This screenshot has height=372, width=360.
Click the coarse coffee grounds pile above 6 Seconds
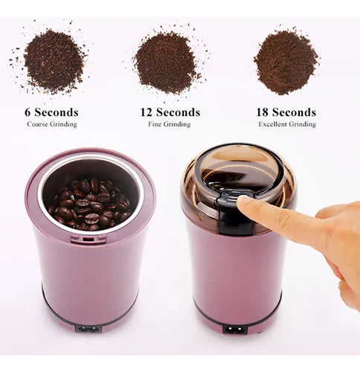(x=54, y=61)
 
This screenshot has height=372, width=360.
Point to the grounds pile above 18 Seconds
(x=286, y=61)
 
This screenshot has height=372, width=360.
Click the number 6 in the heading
(x=28, y=112)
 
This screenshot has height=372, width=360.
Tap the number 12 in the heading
(x=147, y=112)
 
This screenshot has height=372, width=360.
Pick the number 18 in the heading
(x=263, y=112)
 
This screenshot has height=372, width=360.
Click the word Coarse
(x=37, y=124)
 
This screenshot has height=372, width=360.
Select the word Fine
(x=155, y=124)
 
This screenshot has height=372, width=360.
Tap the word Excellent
(x=272, y=124)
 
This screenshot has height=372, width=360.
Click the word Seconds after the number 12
(x=178, y=112)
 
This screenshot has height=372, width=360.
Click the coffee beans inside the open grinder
(x=90, y=205)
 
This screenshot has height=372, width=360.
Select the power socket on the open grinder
(x=88, y=330)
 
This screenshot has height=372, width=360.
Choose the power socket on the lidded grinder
(x=235, y=330)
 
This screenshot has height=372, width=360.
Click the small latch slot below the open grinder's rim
(x=89, y=240)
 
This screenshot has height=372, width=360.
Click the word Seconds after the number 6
(x=57, y=112)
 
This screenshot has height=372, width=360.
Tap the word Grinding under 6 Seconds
(x=63, y=124)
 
